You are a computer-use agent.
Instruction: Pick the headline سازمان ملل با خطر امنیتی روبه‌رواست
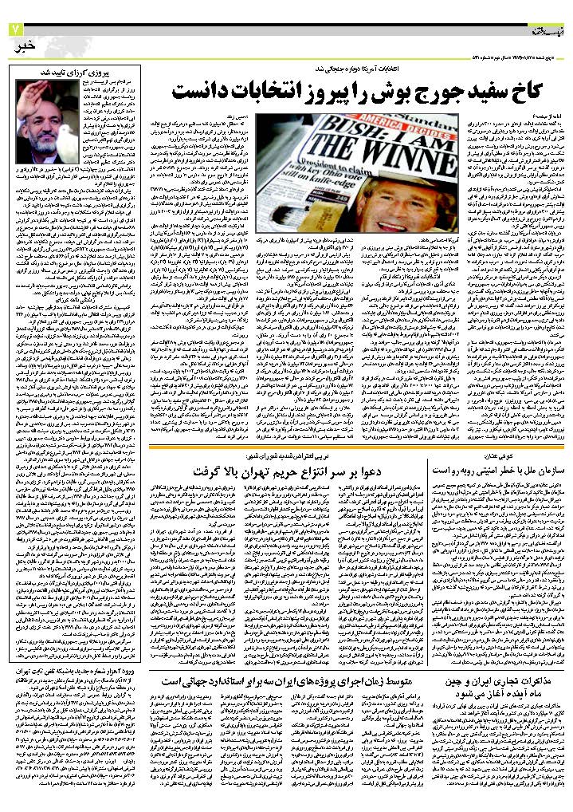(x=498, y=471)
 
